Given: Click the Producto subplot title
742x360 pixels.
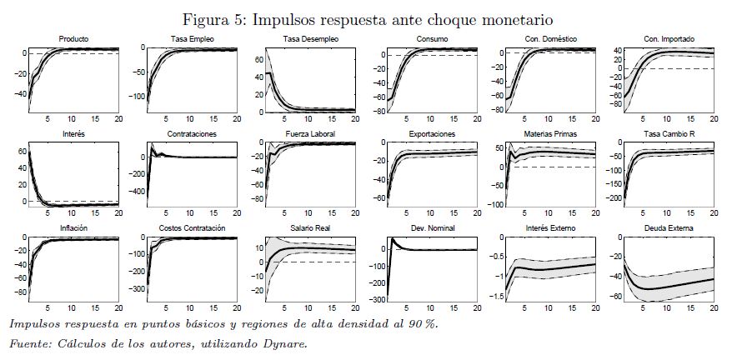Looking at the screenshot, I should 73,39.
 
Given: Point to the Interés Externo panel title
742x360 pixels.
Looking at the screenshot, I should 550,227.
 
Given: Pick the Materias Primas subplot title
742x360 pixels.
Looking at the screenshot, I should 550,133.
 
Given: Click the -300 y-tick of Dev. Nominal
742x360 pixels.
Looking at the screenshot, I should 376,299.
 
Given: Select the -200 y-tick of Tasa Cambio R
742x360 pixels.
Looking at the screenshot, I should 613,200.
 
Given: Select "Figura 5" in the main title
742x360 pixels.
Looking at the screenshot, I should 217,17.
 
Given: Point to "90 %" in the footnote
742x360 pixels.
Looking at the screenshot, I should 423,324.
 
